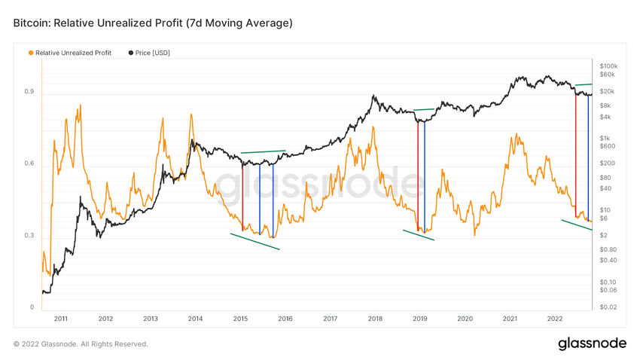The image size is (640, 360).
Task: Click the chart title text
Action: click(153, 23)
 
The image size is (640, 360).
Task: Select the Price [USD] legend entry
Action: click(152, 53)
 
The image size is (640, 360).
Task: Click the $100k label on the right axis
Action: click(608, 66)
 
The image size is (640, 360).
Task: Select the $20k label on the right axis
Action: click(607, 91)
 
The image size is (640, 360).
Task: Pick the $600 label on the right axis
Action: click(607, 146)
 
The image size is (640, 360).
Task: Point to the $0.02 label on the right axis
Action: click(608, 307)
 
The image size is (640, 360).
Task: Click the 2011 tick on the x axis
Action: click(60, 319)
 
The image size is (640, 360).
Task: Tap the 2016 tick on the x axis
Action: click(285, 319)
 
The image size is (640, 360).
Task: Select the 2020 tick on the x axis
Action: click(465, 319)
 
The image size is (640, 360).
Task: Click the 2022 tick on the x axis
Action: click(555, 319)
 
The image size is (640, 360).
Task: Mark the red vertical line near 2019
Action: click(418, 173)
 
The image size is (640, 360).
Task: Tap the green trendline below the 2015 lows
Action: click(255, 241)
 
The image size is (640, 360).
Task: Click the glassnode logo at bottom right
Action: click(592, 343)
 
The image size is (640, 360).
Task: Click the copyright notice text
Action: click(81, 344)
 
